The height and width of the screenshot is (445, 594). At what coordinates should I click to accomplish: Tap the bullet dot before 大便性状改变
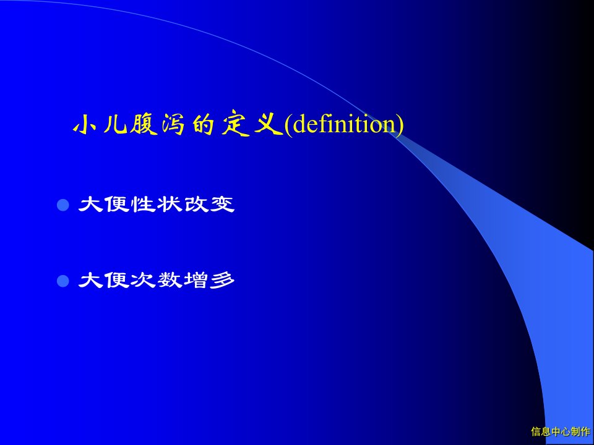pyautogui.click(x=63, y=205)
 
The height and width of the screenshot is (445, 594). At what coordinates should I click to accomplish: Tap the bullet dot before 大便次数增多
pyautogui.click(x=63, y=281)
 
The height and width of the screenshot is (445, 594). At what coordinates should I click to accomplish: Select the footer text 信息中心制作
pyautogui.click(x=561, y=431)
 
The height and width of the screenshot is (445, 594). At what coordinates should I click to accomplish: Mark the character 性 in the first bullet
pyautogui.click(x=143, y=205)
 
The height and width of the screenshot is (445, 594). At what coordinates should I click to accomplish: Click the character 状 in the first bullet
pyautogui.click(x=170, y=205)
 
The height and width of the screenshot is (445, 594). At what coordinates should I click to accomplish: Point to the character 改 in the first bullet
pyautogui.click(x=196, y=205)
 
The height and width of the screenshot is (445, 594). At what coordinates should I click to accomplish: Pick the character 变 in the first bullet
pyautogui.click(x=222, y=205)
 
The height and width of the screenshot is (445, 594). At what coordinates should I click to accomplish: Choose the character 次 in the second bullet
pyautogui.click(x=143, y=281)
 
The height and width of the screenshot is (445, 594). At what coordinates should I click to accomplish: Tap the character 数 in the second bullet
pyautogui.click(x=170, y=281)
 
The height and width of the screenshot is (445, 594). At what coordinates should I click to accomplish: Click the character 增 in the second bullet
pyautogui.click(x=196, y=281)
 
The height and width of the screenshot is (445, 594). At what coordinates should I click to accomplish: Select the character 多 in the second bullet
pyautogui.click(x=222, y=281)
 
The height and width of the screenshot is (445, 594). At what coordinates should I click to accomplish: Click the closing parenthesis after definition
pyautogui.click(x=400, y=125)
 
